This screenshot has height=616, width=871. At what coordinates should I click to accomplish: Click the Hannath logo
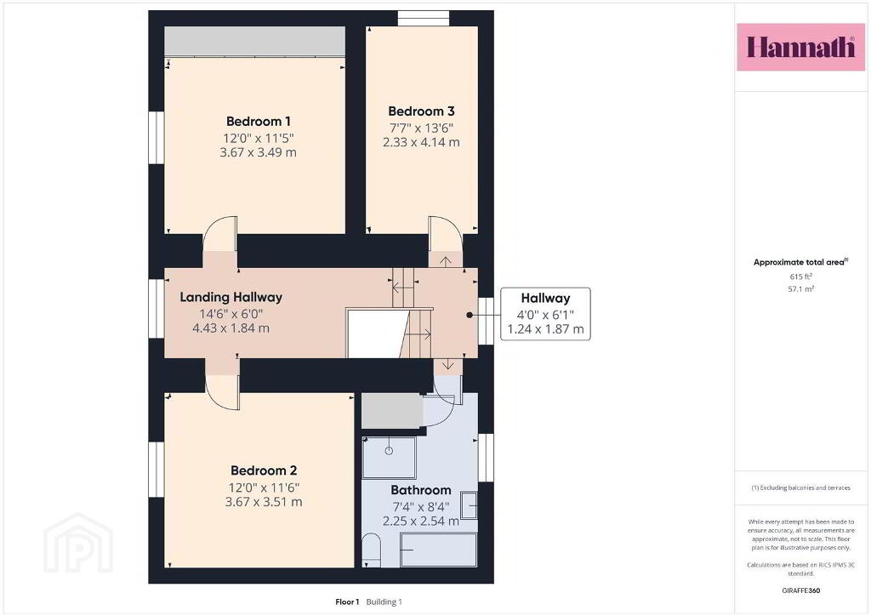[800, 47]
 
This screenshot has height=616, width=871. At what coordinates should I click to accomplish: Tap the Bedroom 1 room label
[259, 121]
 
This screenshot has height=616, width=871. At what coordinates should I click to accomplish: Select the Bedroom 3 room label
[421, 111]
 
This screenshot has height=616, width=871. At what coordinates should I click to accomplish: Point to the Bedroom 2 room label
[264, 471]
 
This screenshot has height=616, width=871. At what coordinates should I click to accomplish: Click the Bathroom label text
[421, 490]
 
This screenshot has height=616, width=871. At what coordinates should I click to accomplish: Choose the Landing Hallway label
[231, 297]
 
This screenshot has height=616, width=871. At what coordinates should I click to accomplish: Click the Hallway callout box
[545, 314]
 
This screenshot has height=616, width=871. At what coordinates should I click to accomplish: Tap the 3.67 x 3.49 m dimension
[259, 152]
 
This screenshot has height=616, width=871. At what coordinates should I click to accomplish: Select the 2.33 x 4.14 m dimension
[421, 142]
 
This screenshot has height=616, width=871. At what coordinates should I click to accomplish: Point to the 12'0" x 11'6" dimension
[264, 488]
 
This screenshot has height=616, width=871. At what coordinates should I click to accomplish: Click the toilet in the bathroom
[371, 550]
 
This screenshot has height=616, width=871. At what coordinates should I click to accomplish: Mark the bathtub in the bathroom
[439, 550]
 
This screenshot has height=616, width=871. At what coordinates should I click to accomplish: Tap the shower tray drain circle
[389, 450]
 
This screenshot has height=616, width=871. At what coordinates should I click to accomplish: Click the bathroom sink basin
[469, 505]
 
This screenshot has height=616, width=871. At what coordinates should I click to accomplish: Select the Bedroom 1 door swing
[220, 234]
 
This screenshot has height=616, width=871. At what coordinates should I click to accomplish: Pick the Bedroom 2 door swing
[222, 393]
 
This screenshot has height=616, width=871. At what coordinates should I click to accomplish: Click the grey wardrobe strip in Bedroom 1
[255, 41]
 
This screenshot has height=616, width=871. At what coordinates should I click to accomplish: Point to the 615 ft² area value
[800, 276]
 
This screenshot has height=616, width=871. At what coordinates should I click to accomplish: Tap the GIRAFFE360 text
[800, 590]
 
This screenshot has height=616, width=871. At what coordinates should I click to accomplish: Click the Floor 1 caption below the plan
[347, 602]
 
